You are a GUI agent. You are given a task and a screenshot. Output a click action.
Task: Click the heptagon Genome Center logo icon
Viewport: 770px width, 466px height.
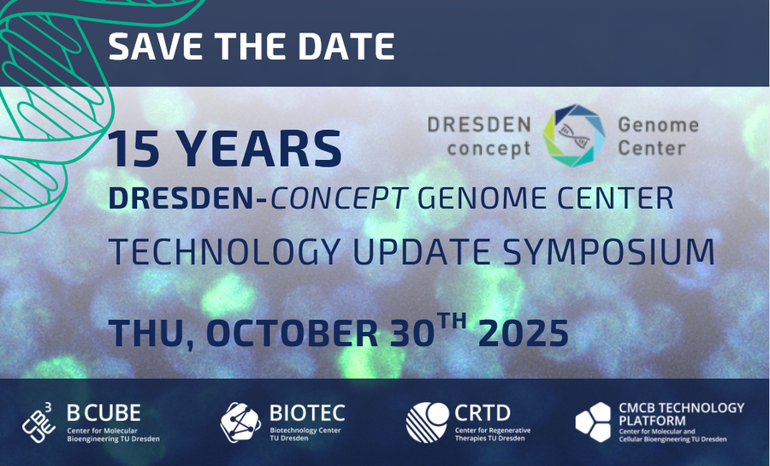574,135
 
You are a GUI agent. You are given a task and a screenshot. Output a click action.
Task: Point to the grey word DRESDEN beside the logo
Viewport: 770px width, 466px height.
479,125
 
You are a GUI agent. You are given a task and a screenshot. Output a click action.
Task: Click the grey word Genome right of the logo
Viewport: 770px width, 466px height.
658,125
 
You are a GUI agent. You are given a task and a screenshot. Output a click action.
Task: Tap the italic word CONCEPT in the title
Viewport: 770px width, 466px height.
340,198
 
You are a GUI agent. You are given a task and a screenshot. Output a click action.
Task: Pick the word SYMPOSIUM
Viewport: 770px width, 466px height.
609,251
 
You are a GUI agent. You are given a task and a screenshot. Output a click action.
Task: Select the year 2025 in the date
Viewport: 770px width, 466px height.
524,333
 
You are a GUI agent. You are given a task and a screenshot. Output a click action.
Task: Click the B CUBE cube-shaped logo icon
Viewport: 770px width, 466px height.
38,422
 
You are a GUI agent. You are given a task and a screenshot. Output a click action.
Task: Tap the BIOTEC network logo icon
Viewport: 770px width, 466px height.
240,422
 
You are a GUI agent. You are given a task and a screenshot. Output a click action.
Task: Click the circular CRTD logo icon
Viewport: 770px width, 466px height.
427,422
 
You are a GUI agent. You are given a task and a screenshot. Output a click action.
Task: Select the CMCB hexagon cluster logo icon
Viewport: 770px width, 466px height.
593,422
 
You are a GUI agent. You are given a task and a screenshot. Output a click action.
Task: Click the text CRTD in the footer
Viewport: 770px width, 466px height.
483,414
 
